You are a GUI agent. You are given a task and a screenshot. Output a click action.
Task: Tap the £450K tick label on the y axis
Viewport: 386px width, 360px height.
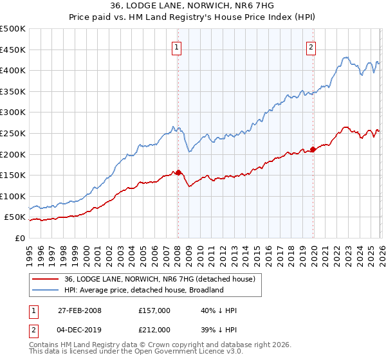[13, 50]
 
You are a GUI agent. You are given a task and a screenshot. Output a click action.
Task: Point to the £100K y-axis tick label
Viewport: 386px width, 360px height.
[13, 196]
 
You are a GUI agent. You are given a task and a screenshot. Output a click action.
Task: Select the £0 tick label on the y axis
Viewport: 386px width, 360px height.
[20, 238]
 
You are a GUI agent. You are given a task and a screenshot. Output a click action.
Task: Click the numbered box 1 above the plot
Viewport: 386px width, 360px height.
[176, 46]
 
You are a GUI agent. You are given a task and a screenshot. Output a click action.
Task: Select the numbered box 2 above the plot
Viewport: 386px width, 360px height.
[311, 46]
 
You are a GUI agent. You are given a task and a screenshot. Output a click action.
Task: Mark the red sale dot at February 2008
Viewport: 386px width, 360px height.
[178, 172]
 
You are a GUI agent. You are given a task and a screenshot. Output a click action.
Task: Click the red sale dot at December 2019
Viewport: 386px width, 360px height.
[313, 149]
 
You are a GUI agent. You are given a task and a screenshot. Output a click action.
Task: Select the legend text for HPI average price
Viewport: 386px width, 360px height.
[143, 290]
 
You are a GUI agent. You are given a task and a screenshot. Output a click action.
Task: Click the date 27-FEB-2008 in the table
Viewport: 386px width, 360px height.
[79, 310]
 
